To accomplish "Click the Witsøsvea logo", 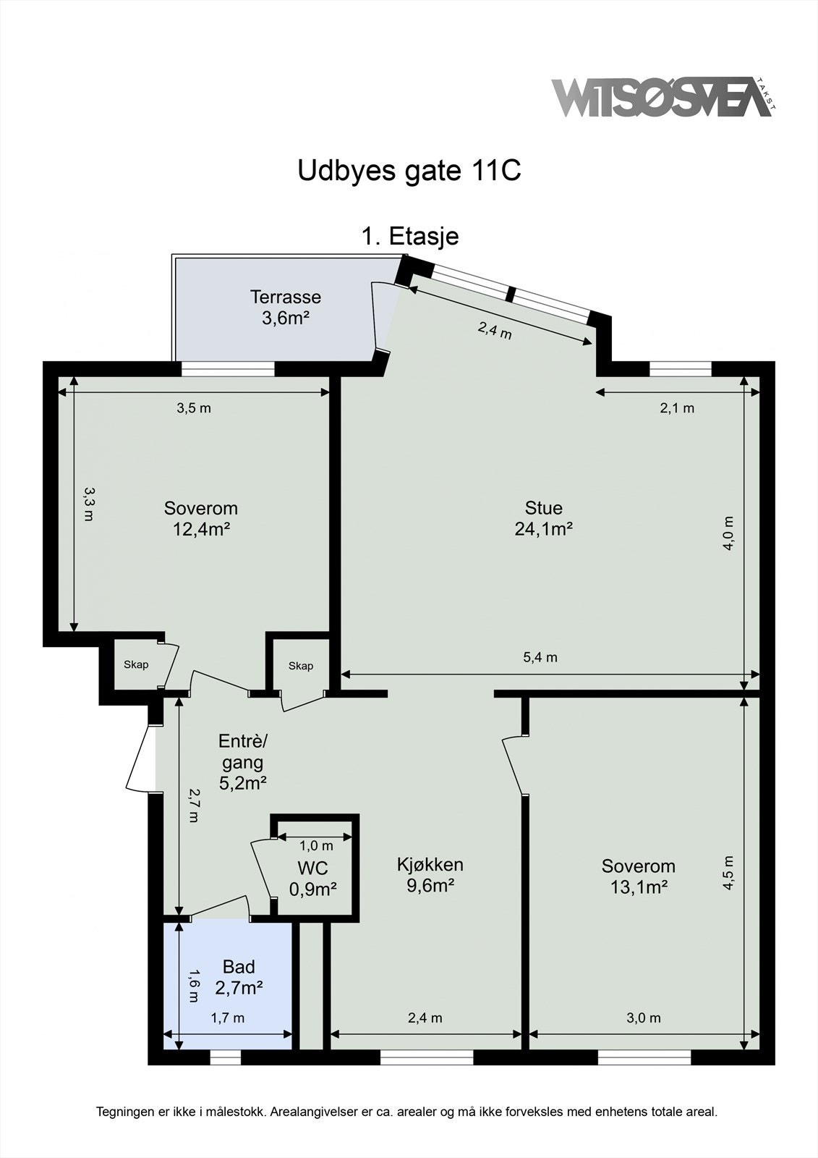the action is click(664, 97).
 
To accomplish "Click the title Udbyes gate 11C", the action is click(409, 171).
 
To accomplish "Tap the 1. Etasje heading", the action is click(410, 236).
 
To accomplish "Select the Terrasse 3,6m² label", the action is click(285, 307).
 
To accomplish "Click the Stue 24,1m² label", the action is click(544, 518).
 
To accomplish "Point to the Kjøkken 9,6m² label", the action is click(430, 875).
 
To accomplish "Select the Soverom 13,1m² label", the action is click(638, 876).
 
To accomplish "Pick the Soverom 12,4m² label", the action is click(201, 518).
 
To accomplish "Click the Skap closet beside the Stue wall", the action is click(301, 666).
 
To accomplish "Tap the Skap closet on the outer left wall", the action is click(136, 664).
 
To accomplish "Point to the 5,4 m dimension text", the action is click(540, 657).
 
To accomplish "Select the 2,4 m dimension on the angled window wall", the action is click(495, 330).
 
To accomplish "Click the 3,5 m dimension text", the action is click(194, 408).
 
